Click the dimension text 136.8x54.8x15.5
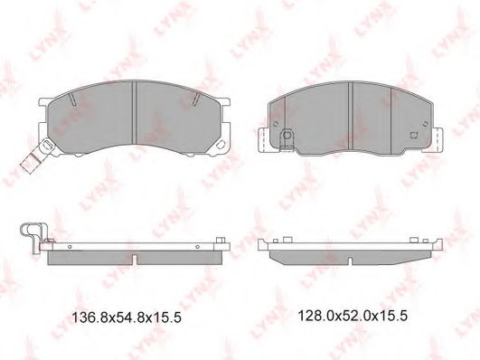point(127,317)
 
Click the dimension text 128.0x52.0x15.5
point(353,316)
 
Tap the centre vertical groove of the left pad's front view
point(134,112)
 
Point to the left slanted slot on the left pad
point(72,99)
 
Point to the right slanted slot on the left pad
point(196,99)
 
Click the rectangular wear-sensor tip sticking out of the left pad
point(30,162)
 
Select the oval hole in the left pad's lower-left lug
point(47,144)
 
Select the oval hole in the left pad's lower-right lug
point(220,145)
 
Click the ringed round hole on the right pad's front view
point(287,135)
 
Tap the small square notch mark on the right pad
point(414,135)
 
